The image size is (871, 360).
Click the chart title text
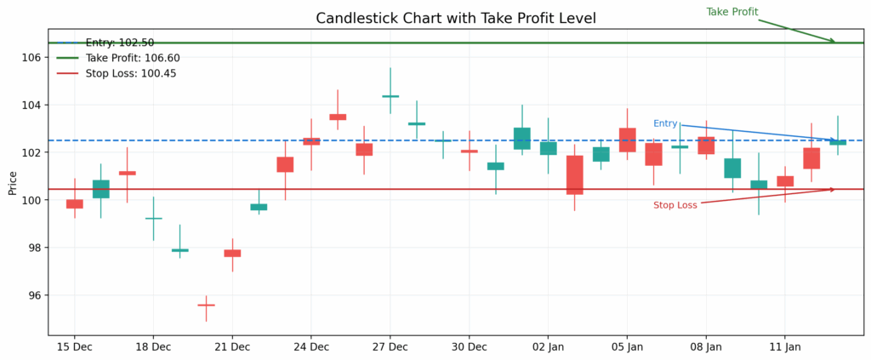click(456, 18)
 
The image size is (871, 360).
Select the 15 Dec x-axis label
click(75, 347)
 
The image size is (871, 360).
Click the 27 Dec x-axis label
click(390, 347)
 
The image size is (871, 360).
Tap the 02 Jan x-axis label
click(549, 347)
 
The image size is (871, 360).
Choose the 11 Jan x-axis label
click(785, 347)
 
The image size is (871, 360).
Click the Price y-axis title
click(13, 182)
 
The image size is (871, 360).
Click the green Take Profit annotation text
click(732, 12)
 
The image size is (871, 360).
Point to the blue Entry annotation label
click(665, 123)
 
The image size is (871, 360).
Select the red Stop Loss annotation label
click(675, 205)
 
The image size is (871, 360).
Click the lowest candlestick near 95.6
click(206, 305)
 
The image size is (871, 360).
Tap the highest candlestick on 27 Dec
click(390, 96)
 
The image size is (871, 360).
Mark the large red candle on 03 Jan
click(575, 174)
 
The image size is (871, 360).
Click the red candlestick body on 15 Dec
click(75, 203)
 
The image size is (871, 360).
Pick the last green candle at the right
click(838, 142)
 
